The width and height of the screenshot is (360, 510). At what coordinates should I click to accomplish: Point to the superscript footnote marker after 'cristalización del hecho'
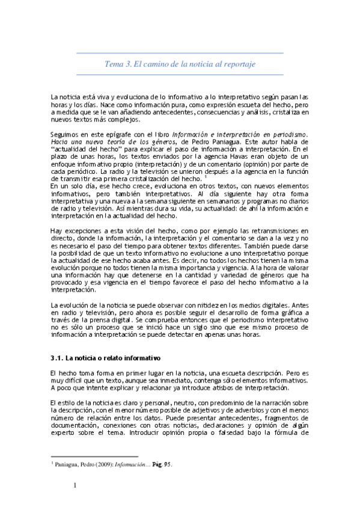point(206,177)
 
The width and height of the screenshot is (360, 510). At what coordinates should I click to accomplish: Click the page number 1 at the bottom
point(75,486)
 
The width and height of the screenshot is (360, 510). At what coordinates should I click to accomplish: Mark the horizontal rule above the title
point(180,53)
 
